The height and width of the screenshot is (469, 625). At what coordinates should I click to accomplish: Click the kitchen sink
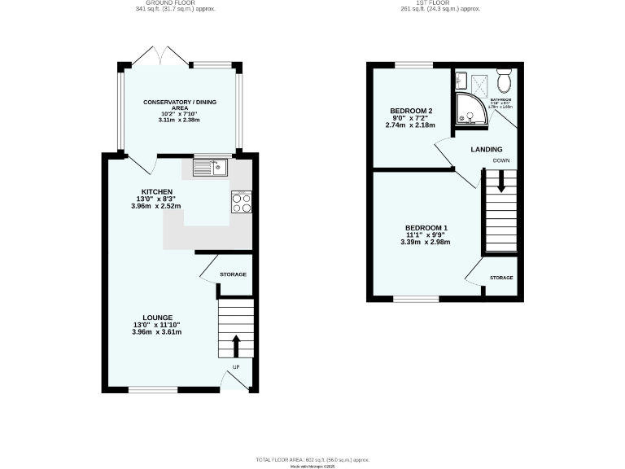click(x=211, y=168)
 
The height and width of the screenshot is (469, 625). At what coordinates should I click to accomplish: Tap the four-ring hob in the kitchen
click(x=242, y=201)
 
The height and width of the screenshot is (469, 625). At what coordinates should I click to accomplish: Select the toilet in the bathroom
click(x=503, y=81)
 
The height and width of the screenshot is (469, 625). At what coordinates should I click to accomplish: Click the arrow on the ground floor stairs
click(x=237, y=345)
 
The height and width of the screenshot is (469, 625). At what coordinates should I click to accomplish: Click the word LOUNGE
click(x=158, y=318)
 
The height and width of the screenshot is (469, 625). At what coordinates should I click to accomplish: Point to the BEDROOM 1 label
click(x=427, y=227)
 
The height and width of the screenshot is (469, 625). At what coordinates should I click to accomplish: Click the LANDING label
click(x=486, y=149)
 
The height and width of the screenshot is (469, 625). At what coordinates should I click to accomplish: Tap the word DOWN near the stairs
click(x=501, y=161)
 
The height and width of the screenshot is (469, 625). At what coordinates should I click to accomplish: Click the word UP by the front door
click(x=237, y=367)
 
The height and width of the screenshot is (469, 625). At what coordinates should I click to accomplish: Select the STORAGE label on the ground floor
click(x=232, y=274)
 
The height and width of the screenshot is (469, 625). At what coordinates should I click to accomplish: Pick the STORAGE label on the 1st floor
click(x=501, y=278)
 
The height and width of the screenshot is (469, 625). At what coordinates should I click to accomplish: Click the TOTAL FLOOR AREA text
click(x=312, y=459)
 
